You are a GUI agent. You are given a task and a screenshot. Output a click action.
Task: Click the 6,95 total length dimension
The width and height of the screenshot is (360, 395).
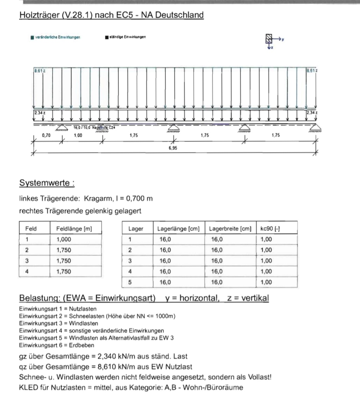pos(173,148)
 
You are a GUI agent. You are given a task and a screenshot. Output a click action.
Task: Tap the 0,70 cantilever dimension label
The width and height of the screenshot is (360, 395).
pos(46,135)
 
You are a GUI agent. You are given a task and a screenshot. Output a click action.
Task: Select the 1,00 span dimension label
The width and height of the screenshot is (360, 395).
pos(78,135)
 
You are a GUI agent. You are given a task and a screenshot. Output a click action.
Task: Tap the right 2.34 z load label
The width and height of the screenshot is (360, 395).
pos(312,113)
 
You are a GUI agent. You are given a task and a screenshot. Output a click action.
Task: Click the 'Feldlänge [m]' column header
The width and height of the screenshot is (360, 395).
pos(74,229)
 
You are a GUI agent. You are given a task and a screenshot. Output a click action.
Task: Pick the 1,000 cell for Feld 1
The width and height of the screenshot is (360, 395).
pos(64,239)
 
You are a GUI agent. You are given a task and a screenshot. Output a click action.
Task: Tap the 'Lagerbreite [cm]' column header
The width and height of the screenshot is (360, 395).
pos(230,229)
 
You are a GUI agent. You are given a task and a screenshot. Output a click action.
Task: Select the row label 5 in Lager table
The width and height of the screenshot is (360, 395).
pos(130,282)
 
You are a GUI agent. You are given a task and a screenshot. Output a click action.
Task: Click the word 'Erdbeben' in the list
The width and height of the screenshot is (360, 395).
pos(82,345)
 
